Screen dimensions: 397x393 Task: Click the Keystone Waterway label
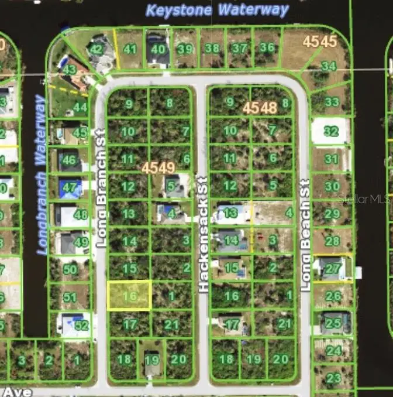click(217, 10)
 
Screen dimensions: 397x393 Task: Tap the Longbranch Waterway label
click(41, 174)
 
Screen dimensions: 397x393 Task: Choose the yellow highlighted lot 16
click(129, 296)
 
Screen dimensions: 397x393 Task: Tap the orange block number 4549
click(158, 169)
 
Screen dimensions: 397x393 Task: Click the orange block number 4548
click(260, 107)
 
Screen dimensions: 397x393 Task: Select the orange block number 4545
click(320, 42)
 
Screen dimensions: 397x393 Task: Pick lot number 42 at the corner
click(96, 49)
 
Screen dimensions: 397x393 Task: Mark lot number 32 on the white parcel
click(331, 131)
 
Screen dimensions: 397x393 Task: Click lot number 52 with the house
click(81, 325)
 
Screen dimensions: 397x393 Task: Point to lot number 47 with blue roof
click(70, 188)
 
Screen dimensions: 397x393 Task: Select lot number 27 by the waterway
click(333, 269)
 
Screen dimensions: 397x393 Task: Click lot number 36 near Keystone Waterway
click(267, 47)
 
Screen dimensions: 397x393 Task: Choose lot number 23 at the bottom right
click(333, 378)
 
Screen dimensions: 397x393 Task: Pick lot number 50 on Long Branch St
click(70, 269)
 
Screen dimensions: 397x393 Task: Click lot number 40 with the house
click(158, 49)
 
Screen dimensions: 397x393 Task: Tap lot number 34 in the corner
click(329, 66)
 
